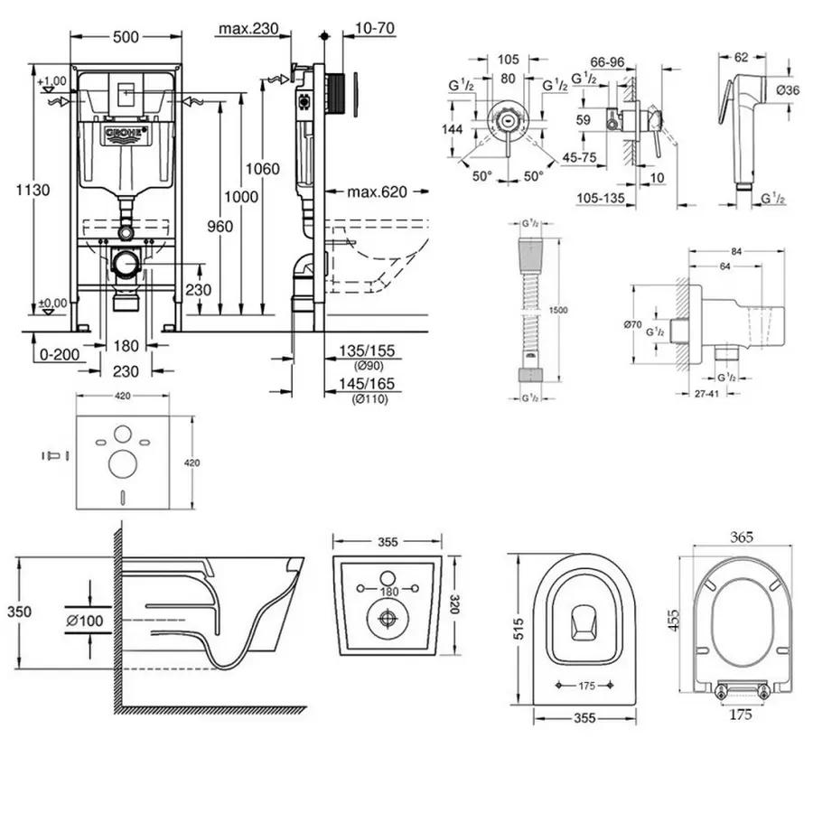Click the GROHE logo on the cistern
[x=125, y=135]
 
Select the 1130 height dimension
[x=36, y=190]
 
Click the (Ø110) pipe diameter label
[x=370, y=399]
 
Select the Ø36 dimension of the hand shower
[x=789, y=90]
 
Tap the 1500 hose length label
[x=558, y=310]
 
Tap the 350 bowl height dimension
[x=19, y=612]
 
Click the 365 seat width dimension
[x=741, y=537]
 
